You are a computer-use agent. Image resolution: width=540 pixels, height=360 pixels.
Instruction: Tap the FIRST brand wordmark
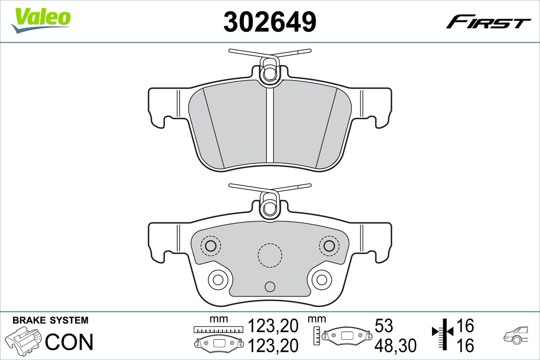pyautogui.click(x=488, y=22)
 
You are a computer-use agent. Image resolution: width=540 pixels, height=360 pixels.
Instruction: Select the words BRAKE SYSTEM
pyautogui.click(x=50, y=320)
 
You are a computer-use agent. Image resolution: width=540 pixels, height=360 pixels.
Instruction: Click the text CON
pyautogui.click(x=70, y=342)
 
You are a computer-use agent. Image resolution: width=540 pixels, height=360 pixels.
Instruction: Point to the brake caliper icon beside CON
pyautogui.click(x=25, y=341)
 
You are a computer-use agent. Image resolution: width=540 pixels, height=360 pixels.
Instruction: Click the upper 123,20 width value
pyautogui.click(x=273, y=325)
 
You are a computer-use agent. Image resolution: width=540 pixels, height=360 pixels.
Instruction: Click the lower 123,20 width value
pyautogui.click(x=273, y=346)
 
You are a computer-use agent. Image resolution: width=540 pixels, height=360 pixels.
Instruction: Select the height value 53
pyautogui.click(x=384, y=325)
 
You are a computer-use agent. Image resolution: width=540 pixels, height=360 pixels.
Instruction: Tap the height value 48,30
pyautogui.click(x=396, y=346)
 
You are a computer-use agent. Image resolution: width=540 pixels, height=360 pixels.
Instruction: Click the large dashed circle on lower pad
pyautogui.click(x=270, y=255)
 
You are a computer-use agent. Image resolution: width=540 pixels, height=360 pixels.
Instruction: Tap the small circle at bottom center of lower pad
pyautogui.click(x=270, y=287)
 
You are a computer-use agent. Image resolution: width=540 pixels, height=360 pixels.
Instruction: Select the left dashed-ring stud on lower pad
pyautogui.click(x=210, y=246)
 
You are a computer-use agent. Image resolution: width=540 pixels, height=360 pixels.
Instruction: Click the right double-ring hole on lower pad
pyautogui.click(x=322, y=279)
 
